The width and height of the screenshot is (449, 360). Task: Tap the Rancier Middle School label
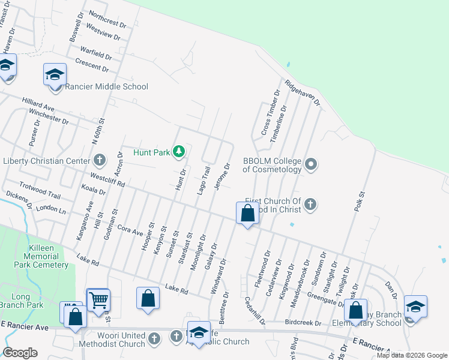pyautogui.click(x=107, y=87)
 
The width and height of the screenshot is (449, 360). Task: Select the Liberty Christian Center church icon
pyautogui.click(x=100, y=161)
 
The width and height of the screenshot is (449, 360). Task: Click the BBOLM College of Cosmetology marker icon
pyautogui.click(x=310, y=164)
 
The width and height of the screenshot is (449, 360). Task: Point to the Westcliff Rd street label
pyautogui.click(x=107, y=178)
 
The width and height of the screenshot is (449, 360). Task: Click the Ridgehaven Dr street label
pyautogui.click(x=303, y=93)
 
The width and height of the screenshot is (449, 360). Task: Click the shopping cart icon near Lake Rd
pyautogui.click(x=98, y=299)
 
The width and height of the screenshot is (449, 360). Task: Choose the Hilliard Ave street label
pyautogui.click(x=38, y=104)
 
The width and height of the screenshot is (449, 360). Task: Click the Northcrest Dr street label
pyautogui.click(x=107, y=20)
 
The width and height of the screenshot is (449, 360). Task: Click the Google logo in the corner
pyautogui.click(x=20, y=353)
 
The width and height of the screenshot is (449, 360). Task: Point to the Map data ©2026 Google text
pyautogui.click(x=412, y=355)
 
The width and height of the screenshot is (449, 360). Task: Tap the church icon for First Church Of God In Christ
pyautogui.click(x=310, y=205)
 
